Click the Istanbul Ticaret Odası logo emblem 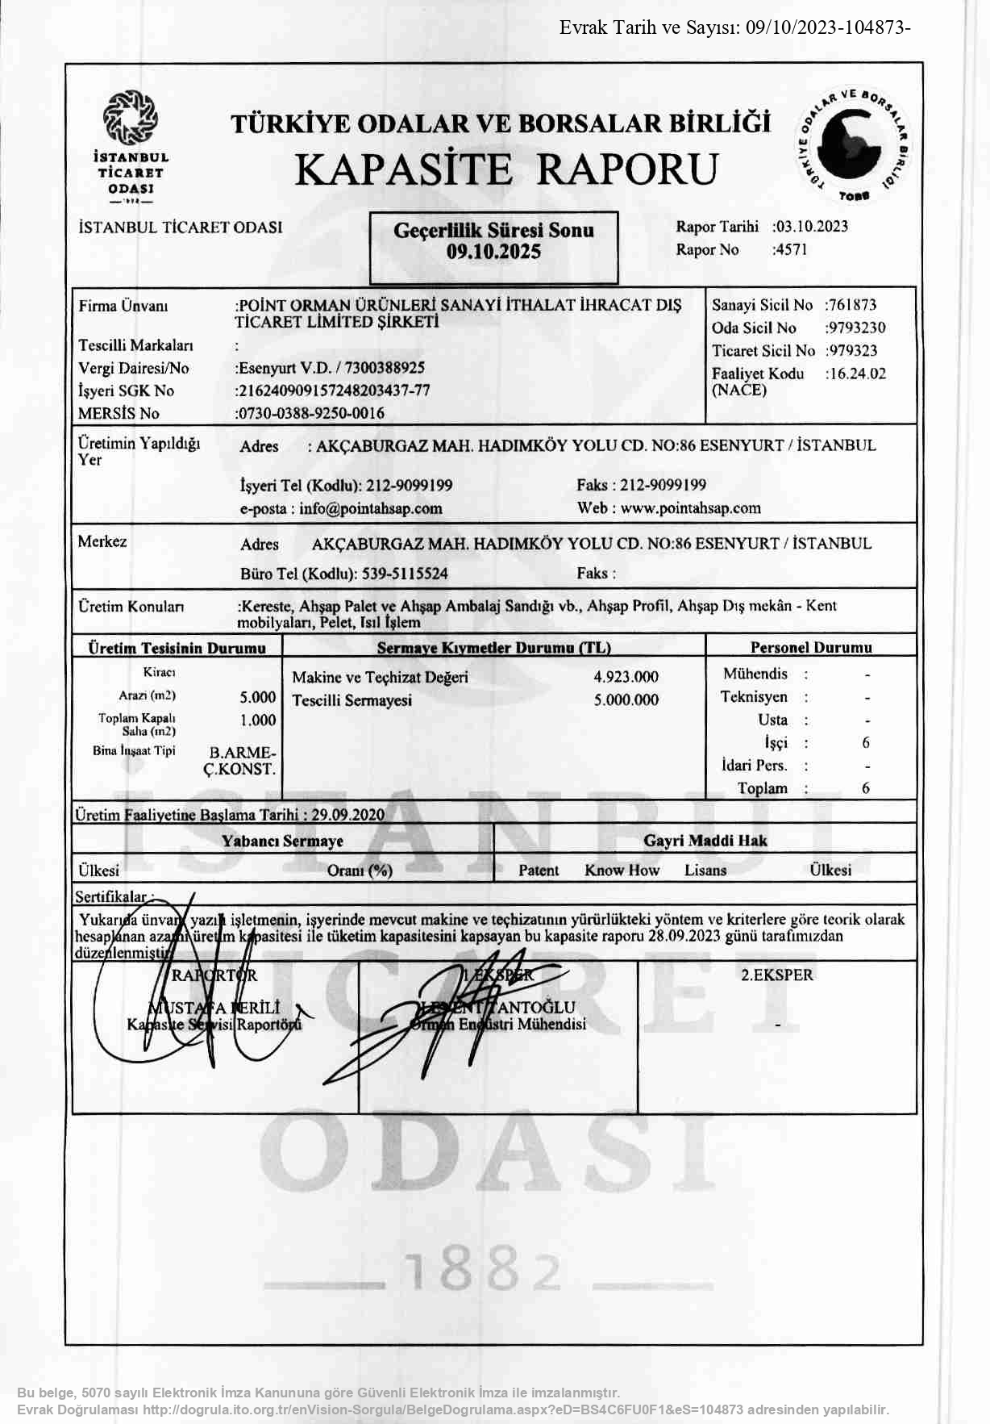coord(130,119)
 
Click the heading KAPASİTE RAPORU coord(505,169)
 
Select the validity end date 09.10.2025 coord(493,252)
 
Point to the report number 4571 coord(791,249)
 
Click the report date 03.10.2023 coord(812,227)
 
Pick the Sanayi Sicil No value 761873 coord(852,305)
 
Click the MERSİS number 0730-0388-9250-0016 coord(311,413)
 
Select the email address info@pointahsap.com coord(371,508)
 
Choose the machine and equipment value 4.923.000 coord(626,677)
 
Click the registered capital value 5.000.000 coord(626,700)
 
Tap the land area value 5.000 coord(258,697)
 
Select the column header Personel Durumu coord(811,647)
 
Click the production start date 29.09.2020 coord(348,814)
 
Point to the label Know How coord(622,870)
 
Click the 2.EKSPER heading coord(777,975)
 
